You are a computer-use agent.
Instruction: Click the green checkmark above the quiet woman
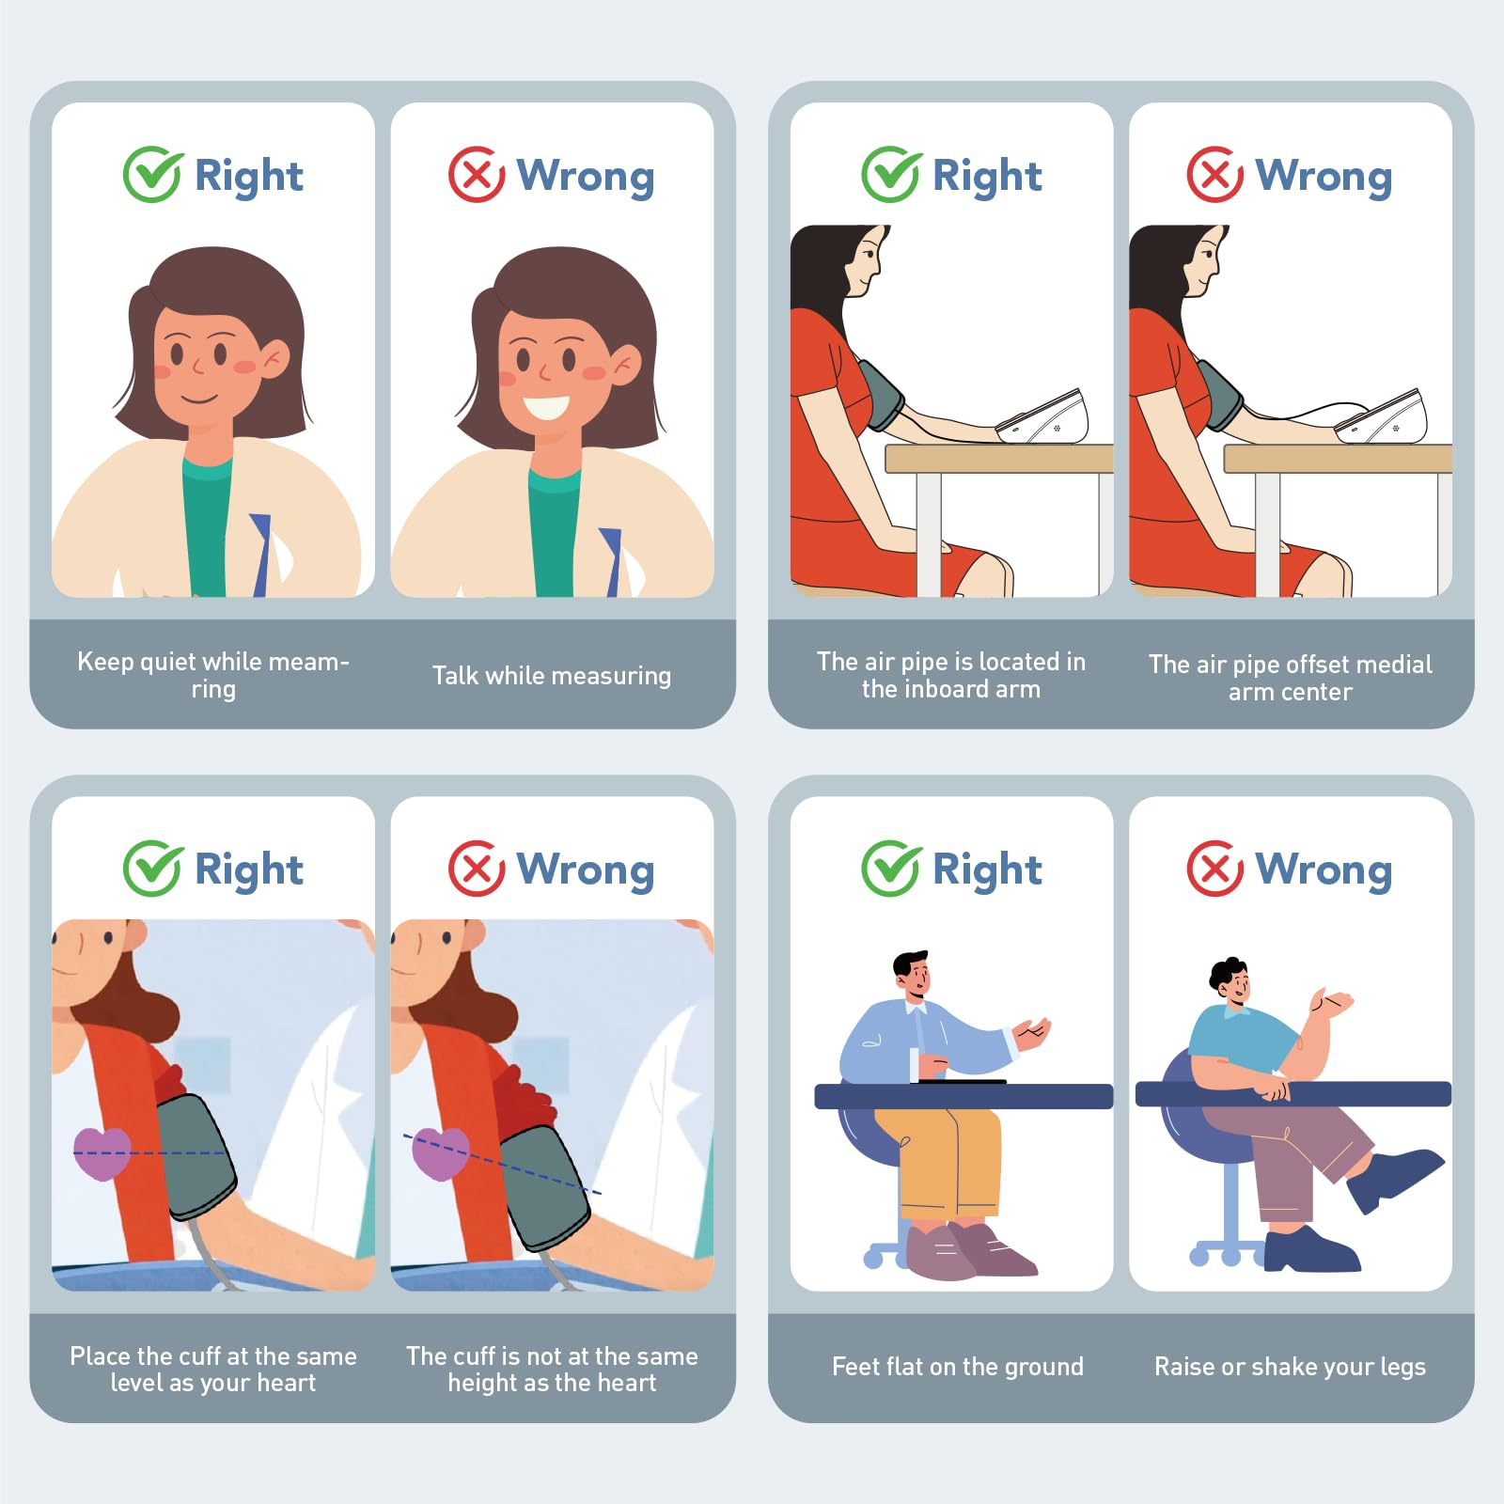(152, 174)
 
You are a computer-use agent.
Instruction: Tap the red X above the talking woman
(477, 175)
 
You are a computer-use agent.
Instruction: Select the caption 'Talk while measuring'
(552, 676)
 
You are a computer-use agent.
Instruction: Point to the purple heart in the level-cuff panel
(102, 1153)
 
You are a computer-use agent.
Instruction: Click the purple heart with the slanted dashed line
(441, 1153)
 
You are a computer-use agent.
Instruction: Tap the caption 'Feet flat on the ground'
(958, 1367)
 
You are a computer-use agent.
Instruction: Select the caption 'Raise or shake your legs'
(1290, 1367)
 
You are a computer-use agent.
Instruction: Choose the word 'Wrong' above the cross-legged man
(1324, 869)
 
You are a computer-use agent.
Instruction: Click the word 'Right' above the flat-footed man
(987, 869)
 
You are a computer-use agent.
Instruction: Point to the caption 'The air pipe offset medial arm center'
(1290, 678)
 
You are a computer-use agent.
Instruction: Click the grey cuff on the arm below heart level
(547, 1187)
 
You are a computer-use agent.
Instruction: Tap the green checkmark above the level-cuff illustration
(152, 869)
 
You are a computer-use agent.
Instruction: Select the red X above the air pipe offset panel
(1215, 175)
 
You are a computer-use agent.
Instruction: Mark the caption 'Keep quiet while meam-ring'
(213, 675)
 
